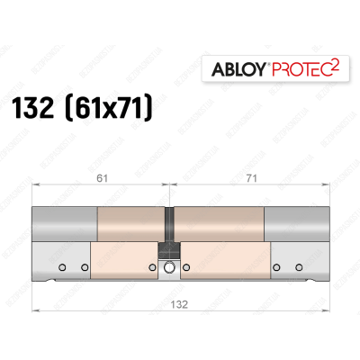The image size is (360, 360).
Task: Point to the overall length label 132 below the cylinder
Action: [x=171, y=304]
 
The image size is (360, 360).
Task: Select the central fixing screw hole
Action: [x=168, y=267]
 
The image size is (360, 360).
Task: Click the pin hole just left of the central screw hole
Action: [x=153, y=267]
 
